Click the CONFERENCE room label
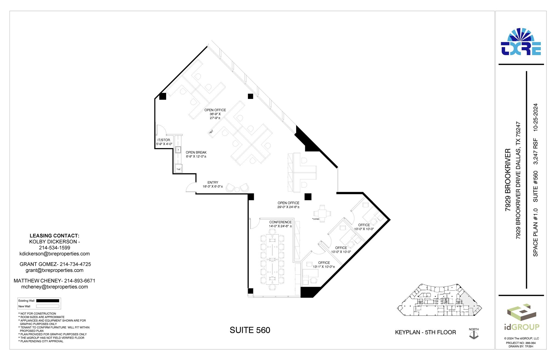click(280, 222)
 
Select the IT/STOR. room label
click(164, 140)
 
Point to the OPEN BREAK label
click(196, 152)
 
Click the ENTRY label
click(213, 183)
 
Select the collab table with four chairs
click(322, 213)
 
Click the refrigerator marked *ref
click(178, 168)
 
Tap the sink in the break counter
click(178, 150)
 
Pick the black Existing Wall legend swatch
click(48, 301)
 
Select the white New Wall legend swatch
click(48, 306)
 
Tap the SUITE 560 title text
click(250, 330)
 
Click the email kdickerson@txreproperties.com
click(55, 254)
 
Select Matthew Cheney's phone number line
click(55, 281)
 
